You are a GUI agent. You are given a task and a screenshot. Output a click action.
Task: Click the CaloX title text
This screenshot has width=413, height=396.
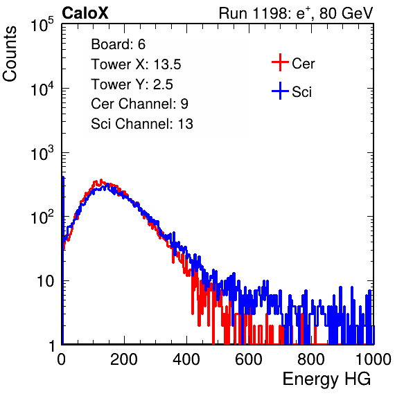85,13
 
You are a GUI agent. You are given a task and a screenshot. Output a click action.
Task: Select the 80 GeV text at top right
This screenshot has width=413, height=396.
346,13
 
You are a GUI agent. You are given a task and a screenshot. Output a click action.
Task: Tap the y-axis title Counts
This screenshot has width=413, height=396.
10,54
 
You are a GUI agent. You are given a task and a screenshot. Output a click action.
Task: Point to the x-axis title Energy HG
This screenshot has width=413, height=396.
326,379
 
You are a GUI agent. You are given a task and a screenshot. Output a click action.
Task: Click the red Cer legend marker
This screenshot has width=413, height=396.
280,62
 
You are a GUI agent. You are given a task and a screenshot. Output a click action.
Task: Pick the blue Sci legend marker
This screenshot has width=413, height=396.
280,91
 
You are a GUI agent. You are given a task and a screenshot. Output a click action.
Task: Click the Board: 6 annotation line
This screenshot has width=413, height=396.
118,44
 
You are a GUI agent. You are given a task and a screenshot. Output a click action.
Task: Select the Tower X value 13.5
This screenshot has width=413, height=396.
167,64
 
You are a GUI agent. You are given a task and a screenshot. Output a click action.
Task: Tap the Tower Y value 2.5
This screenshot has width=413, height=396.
163,84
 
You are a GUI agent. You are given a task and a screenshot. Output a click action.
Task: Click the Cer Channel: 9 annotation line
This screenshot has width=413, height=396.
139,104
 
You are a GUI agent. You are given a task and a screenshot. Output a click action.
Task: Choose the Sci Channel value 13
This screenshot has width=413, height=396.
186,124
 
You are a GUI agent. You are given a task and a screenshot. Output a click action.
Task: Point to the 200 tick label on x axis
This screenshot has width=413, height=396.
124,359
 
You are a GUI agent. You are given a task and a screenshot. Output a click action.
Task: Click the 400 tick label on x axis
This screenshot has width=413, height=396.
186,359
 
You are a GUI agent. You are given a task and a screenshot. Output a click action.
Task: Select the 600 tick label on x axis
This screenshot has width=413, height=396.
249,359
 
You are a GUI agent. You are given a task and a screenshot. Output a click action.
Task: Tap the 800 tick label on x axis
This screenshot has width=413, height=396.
311,359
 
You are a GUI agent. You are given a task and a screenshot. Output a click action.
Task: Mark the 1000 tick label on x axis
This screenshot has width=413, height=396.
374,359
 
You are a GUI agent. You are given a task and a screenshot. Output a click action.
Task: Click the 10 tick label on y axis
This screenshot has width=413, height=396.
45,281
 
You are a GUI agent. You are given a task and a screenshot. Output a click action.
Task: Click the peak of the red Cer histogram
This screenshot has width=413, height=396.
101,180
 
